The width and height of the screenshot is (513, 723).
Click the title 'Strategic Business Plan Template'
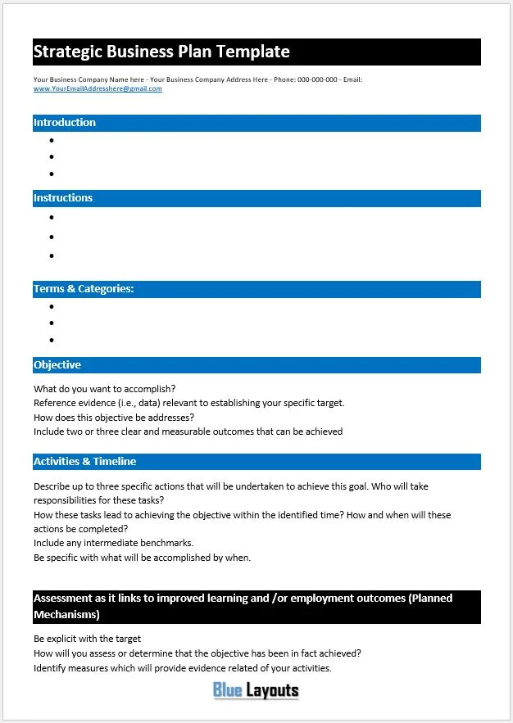coord(161,52)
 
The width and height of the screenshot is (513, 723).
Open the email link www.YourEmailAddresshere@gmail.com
coord(98,88)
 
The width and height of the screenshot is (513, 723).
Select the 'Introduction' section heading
coord(65,123)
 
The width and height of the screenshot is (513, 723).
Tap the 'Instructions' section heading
coord(63,198)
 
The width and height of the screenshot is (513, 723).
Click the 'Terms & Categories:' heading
coord(84,289)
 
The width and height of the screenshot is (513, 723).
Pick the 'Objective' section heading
coord(57,365)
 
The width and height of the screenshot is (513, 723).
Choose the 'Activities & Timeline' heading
coord(85,462)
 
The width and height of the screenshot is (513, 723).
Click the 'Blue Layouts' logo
coord(256,690)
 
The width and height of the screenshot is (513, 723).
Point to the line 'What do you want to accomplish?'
coord(105,389)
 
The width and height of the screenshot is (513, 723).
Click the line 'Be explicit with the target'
coord(88,639)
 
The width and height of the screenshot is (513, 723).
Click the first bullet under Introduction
coord(52,140)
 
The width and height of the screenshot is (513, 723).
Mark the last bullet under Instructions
coord(52,255)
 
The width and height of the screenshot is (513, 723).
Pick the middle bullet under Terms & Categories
coord(52,323)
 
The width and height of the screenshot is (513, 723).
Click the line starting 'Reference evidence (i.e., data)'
coord(189,403)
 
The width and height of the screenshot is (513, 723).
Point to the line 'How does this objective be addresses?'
coord(114,417)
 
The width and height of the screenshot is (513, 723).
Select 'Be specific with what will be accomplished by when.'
coord(143,558)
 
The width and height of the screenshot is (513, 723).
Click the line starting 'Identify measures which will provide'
coord(183,668)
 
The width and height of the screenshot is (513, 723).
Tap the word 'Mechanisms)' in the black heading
coord(66,614)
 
